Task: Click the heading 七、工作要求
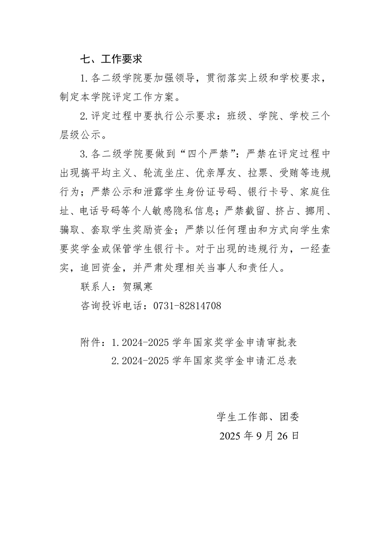pos(111,59)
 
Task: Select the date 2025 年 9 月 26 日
pos(259,436)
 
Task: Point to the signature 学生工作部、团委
pos(258,417)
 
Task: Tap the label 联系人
pos(95,287)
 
